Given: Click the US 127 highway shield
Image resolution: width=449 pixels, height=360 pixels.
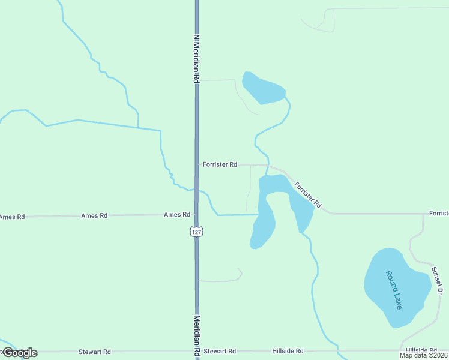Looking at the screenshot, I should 196,231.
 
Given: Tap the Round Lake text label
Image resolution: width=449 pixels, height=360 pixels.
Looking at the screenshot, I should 394,290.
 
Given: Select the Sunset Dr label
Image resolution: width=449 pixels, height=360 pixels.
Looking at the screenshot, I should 438,281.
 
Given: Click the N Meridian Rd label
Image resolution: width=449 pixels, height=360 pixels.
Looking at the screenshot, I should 196,58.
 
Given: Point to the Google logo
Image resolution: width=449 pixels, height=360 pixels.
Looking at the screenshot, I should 19,353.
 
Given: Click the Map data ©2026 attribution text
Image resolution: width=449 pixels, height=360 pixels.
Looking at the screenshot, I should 423,355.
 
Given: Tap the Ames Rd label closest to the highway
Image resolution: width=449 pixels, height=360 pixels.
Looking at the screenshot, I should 177,214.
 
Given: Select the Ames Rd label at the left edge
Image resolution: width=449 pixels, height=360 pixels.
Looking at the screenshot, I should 12,217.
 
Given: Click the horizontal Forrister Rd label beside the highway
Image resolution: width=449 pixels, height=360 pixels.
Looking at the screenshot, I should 220,164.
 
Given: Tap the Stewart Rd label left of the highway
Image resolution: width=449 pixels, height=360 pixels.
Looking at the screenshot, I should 95,352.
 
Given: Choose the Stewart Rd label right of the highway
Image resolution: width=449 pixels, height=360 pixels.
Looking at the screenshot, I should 220,351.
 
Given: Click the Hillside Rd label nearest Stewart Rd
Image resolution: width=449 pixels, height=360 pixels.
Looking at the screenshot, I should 287,351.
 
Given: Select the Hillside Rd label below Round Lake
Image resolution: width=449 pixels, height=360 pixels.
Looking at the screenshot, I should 421,350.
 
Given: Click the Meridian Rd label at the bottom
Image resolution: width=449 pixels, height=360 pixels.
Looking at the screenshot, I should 196,336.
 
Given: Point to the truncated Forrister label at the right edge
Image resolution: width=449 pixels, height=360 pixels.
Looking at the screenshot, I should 439,214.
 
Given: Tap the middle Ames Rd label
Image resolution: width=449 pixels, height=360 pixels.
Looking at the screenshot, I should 94,215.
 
